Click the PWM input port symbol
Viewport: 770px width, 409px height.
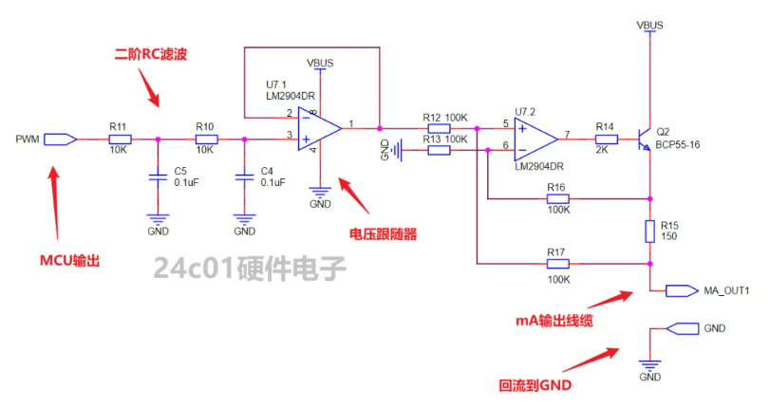[60, 139]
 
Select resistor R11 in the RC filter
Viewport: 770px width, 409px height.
[119, 139]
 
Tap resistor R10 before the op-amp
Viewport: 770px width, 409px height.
[205, 139]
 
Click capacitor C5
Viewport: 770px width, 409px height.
[158, 177]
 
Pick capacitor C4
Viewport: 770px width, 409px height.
[244, 177]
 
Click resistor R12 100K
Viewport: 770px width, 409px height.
[438, 128]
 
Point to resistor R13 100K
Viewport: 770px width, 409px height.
[438, 149]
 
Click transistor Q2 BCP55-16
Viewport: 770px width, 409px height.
[646, 139]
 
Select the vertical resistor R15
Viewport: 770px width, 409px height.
[649, 231]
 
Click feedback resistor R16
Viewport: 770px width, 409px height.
[557, 199]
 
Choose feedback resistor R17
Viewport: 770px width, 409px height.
[557, 264]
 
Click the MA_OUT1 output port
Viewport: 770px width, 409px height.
[683, 290]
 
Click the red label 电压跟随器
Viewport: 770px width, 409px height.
[383, 232]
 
